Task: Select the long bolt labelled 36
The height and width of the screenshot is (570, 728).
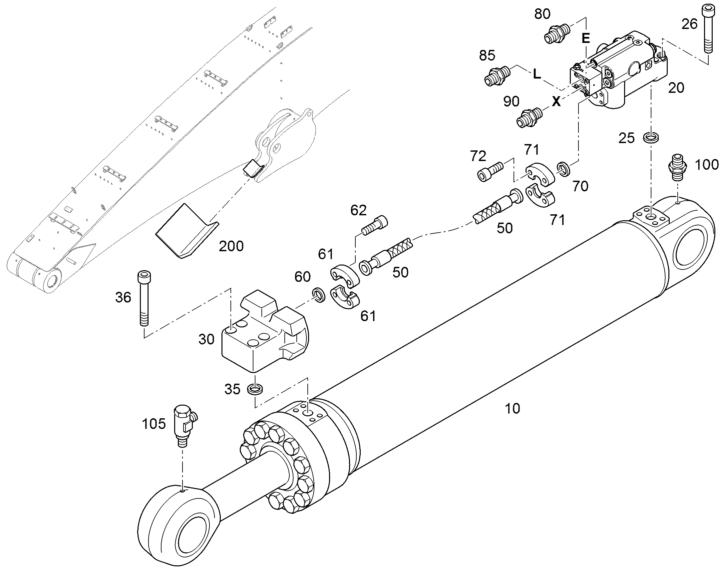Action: coord(143,298)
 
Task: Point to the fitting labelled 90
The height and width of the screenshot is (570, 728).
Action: coord(529,117)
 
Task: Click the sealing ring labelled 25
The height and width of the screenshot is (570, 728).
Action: coord(650,137)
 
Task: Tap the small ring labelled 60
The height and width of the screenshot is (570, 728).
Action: coord(319,294)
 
